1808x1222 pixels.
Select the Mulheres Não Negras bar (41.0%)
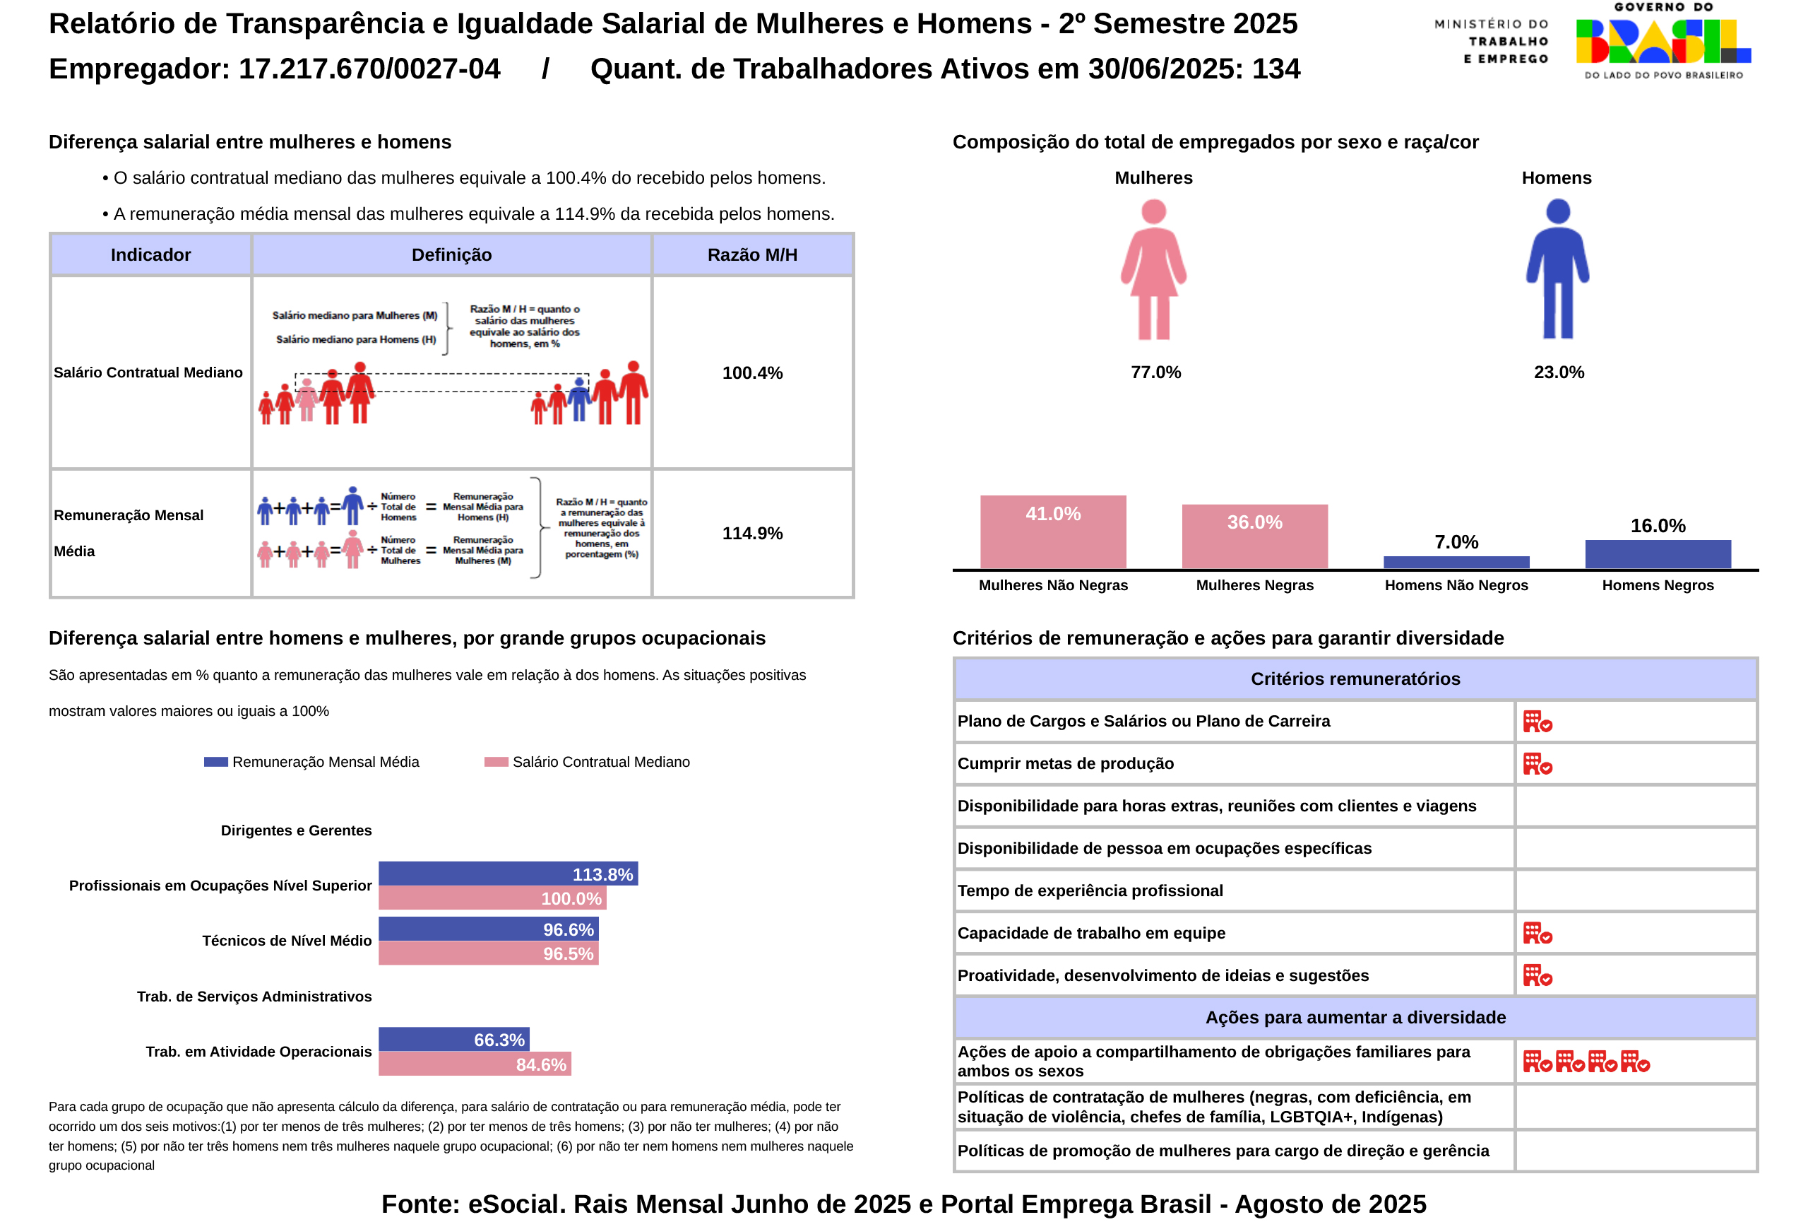click(1052, 531)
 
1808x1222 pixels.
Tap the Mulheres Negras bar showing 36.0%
click(1254, 536)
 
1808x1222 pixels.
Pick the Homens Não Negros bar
click(1456, 562)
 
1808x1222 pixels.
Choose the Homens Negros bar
click(1657, 553)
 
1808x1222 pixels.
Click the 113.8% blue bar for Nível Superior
click(507, 874)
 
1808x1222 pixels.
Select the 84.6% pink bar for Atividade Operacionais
click(475, 1063)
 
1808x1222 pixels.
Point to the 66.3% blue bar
click(453, 1039)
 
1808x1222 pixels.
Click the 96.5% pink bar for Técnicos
click(488, 953)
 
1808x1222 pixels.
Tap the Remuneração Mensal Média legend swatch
click(215, 762)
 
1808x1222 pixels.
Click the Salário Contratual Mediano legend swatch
click(496, 762)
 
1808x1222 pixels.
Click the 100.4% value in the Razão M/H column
click(752, 373)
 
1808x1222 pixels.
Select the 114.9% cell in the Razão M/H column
click(752, 533)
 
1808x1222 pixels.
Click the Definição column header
click(451, 254)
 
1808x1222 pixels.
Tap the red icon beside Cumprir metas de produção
click(1537, 763)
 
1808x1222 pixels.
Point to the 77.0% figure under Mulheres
click(1155, 372)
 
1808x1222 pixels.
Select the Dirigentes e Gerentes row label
click(296, 830)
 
